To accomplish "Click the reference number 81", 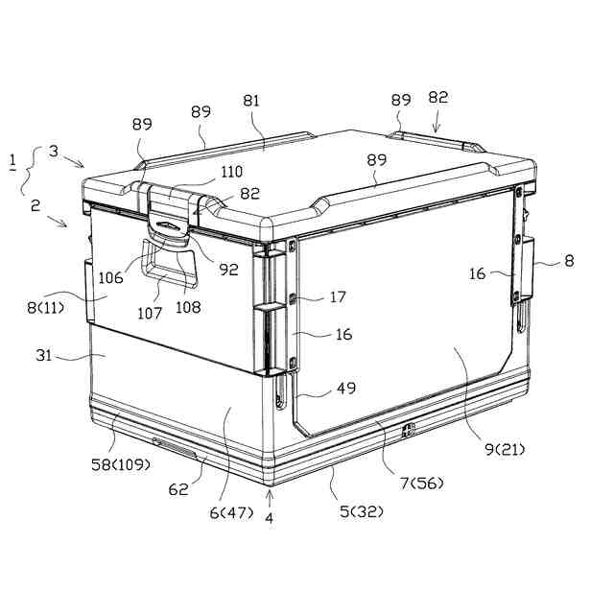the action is click(x=251, y=101).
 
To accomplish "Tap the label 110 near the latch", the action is click(x=232, y=172).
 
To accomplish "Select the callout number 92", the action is click(x=228, y=270).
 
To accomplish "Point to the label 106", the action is click(x=110, y=278).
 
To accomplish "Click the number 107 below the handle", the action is click(x=150, y=314).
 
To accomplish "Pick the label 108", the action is click(x=188, y=307).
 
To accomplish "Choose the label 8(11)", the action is click(x=45, y=308).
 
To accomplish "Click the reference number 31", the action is click(x=43, y=356).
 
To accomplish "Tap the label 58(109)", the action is click(x=121, y=464).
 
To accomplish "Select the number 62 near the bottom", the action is click(x=178, y=489).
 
